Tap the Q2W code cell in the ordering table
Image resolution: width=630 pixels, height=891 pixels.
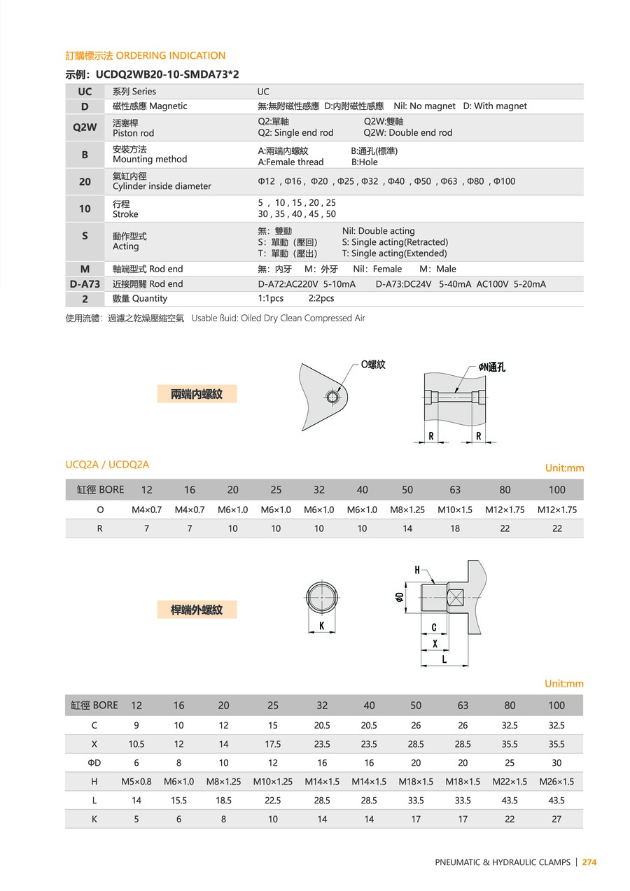coord(85,127)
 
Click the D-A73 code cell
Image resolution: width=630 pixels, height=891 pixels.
coord(85,283)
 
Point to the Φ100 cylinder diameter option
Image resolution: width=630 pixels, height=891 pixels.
coord(504,181)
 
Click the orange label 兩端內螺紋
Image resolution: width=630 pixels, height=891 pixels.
coord(197,394)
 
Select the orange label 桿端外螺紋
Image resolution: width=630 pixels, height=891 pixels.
coord(197,610)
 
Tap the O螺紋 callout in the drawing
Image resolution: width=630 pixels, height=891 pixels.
coord(373,365)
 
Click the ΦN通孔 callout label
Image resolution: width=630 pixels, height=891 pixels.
coord(492,367)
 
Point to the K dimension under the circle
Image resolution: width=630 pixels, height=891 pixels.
coord(322,626)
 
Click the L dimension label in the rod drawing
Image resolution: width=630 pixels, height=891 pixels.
coord(444,659)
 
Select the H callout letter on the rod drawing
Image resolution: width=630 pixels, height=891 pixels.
coord(418,570)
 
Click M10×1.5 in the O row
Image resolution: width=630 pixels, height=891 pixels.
coord(455,510)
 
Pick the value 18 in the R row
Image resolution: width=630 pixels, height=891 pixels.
coord(455,528)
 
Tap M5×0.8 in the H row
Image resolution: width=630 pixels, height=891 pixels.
coord(136,781)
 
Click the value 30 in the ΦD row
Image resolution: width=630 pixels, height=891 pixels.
coord(556,763)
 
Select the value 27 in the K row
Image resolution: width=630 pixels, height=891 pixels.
coord(556,819)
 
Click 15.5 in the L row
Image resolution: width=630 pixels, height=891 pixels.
coord(178,800)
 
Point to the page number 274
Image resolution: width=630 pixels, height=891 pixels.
coord(589,862)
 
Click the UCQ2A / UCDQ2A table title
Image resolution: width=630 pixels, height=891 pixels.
coord(107,464)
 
